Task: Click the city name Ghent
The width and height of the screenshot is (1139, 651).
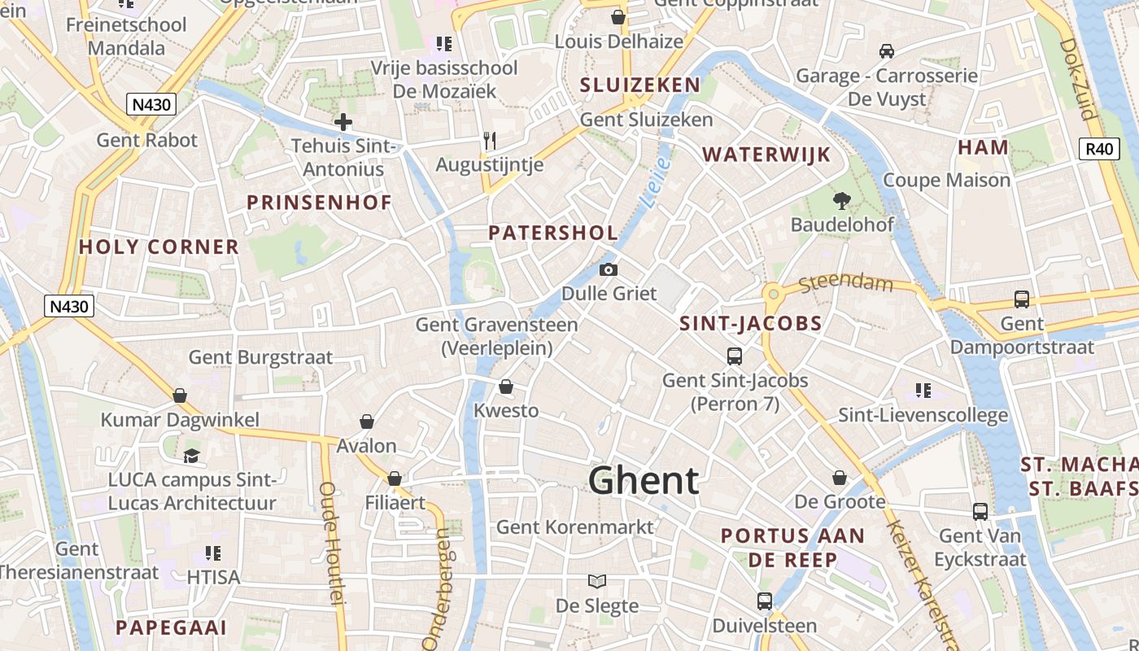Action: (644, 480)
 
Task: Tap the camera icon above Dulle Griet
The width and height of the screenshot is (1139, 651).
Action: (608, 269)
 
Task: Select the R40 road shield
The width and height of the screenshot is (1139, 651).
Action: (1099, 148)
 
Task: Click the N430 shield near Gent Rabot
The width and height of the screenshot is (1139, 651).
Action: (151, 104)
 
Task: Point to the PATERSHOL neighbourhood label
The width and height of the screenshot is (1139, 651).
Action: (553, 233)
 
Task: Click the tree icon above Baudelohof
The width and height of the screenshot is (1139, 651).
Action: (841, 200)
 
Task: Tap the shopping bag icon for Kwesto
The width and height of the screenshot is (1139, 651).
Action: (505, 387)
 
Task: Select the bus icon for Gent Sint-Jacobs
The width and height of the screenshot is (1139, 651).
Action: (735, 356)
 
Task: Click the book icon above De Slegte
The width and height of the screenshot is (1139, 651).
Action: (597, 581)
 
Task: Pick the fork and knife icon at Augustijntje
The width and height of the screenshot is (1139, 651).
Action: (489, 141)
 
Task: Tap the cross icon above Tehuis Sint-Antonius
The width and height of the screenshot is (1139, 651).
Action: (343, 123)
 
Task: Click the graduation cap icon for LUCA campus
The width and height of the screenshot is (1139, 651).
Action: (191, 455)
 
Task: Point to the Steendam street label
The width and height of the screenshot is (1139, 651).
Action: (845, 284)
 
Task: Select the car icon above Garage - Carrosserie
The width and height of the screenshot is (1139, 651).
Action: (887, 51)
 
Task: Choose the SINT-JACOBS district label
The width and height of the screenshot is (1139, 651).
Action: (751, 324)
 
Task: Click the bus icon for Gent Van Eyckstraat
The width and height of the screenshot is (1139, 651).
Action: (980, 512)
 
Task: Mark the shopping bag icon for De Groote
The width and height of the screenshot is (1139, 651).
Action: (840, 478)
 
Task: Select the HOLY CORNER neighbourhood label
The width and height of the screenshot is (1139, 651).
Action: (159, 247)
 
